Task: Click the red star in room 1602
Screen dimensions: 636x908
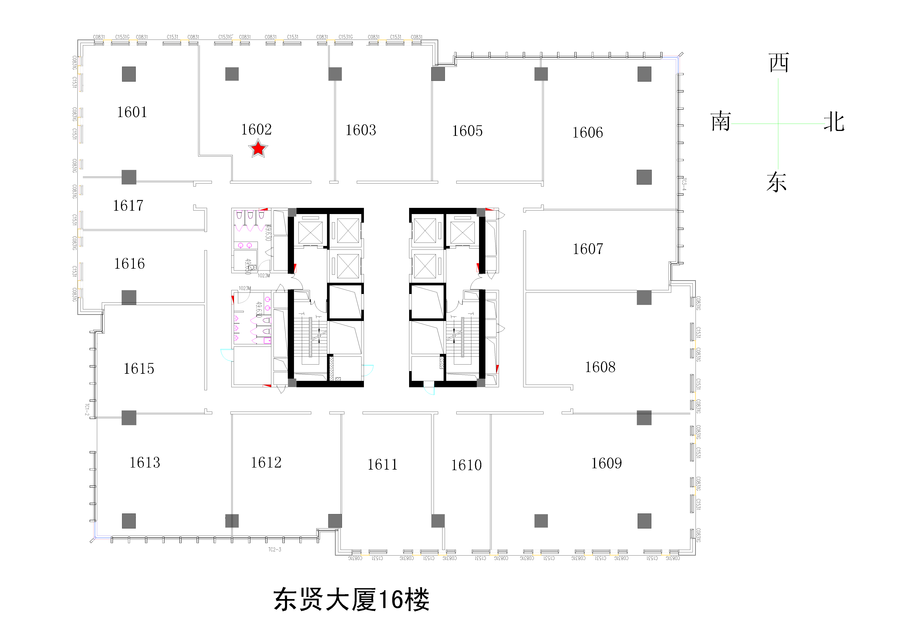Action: [258, 149]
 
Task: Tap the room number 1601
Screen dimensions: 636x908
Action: [132, 112]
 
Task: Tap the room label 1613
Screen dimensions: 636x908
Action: [145, 462]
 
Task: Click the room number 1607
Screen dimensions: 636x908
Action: [588, 249]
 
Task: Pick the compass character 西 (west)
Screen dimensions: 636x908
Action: [779, 62]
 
